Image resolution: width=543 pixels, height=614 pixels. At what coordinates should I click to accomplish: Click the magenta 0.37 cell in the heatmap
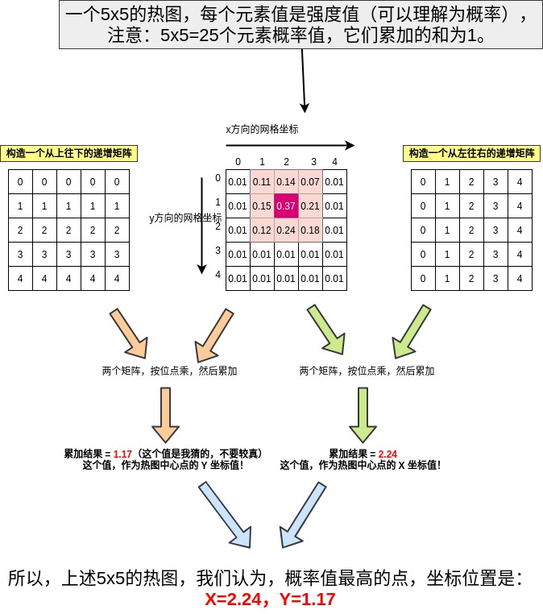coord(286,206)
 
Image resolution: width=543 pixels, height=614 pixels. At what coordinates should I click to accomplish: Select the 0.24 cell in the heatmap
coord(286,230)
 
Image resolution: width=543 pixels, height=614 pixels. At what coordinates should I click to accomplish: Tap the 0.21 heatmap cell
coord(310,206)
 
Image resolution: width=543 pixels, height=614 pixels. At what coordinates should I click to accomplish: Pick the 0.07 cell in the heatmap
coord(310,182)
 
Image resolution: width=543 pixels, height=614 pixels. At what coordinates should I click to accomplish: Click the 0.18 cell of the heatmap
coord(310,230)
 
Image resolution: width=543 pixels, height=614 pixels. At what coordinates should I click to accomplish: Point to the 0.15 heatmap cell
coord(262,206)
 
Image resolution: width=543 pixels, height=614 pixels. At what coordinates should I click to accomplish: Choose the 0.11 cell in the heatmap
coord(262,182)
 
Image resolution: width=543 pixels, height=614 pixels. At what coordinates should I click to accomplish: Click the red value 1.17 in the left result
coord(122,454)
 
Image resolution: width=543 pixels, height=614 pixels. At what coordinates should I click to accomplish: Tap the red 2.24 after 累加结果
coord(388,454)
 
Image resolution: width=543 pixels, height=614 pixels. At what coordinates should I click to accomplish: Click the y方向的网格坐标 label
coord(185,218)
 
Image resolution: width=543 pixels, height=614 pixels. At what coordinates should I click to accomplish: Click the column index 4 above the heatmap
coord(334,162)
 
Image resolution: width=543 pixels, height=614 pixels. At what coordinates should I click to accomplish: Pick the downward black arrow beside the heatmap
coord(201,226)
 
